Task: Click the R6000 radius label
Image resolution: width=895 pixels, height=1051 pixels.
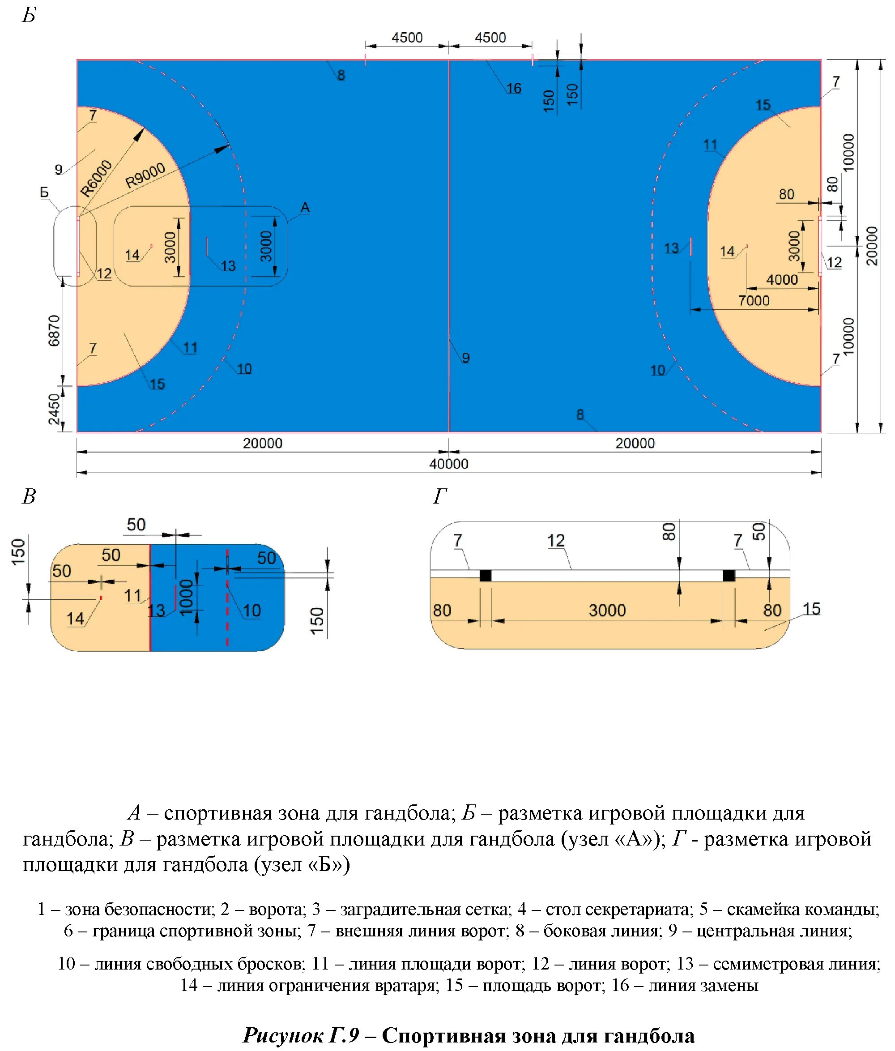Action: [96, 178]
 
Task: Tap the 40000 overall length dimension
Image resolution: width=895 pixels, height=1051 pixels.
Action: [448, 464]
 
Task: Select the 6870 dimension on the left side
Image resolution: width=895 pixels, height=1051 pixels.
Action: [54, 330]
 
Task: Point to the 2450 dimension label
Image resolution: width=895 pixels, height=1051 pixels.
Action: [54, 409]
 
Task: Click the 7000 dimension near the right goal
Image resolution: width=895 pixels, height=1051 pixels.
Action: [754, 301]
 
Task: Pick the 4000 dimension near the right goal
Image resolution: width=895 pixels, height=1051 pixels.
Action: [781, 279]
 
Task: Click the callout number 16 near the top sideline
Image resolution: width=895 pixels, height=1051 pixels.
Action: [513, 88]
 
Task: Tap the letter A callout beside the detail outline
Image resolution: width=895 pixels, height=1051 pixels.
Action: [305, 207]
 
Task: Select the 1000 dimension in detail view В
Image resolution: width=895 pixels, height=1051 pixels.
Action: [187, 597]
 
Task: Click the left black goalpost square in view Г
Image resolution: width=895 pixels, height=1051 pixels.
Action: [485, 575]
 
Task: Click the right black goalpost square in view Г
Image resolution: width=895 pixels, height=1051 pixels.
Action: [728, 575]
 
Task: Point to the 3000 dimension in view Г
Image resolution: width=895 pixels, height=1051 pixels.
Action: [607, 610]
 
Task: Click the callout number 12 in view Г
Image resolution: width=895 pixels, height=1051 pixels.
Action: [556, 540]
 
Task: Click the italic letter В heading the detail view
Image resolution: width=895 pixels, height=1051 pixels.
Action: [29, 496]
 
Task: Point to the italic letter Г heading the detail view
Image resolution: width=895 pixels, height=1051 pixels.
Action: [439, 496]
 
